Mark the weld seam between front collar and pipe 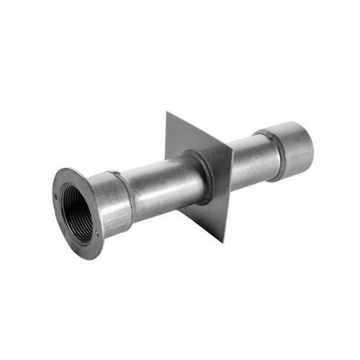(130, 193)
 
